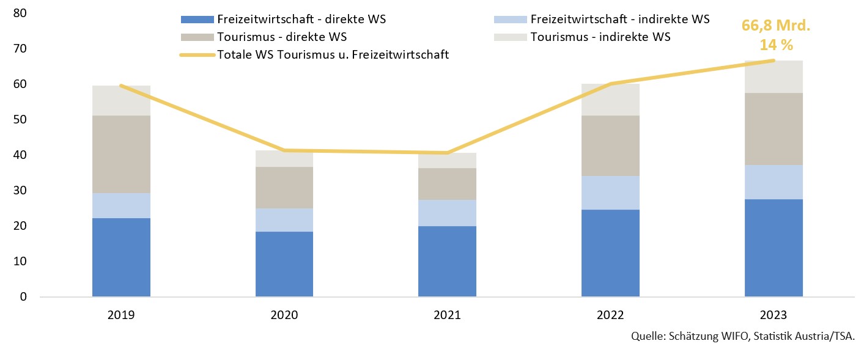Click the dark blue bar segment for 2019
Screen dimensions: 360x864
coord(121,257)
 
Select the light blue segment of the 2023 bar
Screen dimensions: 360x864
coord(774,182)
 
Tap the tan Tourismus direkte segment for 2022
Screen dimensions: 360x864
coord(610,145)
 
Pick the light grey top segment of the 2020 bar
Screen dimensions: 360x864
coord(284,158)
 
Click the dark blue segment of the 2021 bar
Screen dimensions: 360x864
coord(447,261)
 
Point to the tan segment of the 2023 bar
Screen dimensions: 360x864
coord(774,129)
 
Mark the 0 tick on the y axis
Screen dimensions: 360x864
coord(23,297)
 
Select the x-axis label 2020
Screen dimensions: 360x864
coord(284,315)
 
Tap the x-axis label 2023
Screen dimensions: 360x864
coord(774,315)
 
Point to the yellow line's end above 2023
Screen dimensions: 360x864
coord(774,61)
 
